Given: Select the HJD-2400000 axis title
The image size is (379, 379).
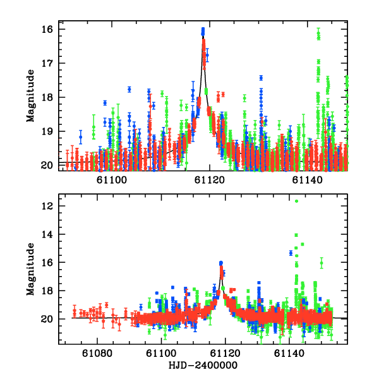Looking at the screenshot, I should (x=203, y=366).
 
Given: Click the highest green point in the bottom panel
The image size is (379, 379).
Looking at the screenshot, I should (x=296, y=201).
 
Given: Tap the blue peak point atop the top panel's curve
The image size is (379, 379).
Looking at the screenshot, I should (x=203, y=30).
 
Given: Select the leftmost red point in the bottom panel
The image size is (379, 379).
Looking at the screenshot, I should (x=75, y=311).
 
